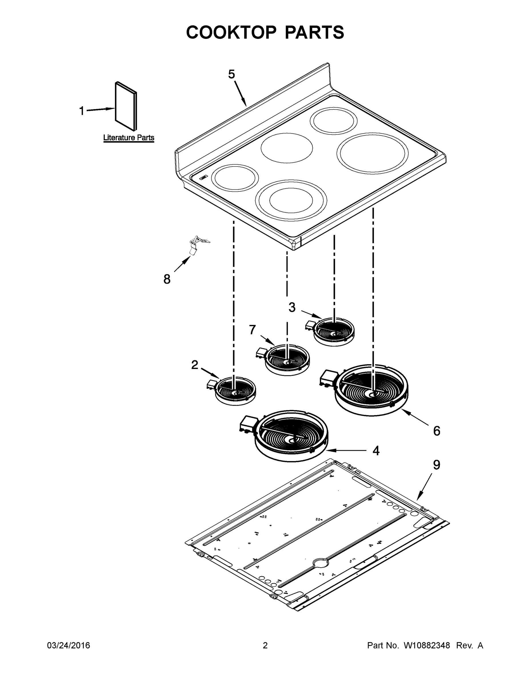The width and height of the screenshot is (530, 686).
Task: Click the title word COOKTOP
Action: [231, 32]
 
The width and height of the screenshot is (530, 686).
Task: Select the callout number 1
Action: [82, 111]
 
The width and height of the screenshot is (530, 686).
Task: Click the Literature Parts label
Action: [129, 137]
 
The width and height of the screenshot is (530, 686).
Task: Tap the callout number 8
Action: [167, 279]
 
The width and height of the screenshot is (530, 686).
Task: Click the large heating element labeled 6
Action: [372, 390]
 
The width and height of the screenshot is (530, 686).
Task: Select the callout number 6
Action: [437, 431]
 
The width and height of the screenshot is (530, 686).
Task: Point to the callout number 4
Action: [376, 451]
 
